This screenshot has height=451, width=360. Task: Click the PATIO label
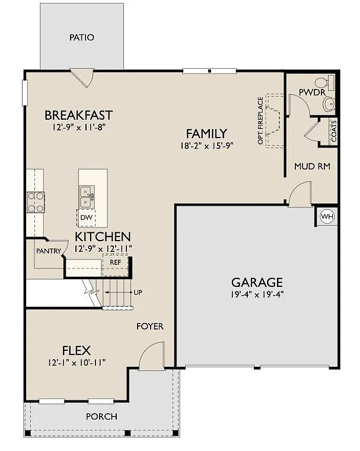click(x=82, y=37)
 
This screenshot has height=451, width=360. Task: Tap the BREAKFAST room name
click(x=78, y=115)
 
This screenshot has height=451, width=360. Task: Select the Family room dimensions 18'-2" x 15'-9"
click(x=206, y=145)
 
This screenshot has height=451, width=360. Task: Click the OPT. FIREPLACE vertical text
click(x=260, y=121)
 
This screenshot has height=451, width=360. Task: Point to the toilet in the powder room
click(x=323, y=82)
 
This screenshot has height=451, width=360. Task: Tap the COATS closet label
click(x=333, y=132)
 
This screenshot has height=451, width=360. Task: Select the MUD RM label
click(x=312, y=167)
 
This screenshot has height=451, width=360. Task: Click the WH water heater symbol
click(x=327, y=216)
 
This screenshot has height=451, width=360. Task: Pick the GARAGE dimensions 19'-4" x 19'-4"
click(x=257, y=295)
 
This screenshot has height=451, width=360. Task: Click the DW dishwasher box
click(x=86, y=217)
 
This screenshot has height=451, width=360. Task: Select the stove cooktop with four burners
click(x=35, y=202)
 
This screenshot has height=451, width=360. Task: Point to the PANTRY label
click(x=48, y=251)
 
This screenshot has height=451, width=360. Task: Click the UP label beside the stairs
click(x=138, y=293)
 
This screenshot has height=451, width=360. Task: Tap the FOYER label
click(x=149, y=327)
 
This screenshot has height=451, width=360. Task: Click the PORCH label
click(x=101, y=416)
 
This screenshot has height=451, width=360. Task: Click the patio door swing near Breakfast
click(x=82, y=77)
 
